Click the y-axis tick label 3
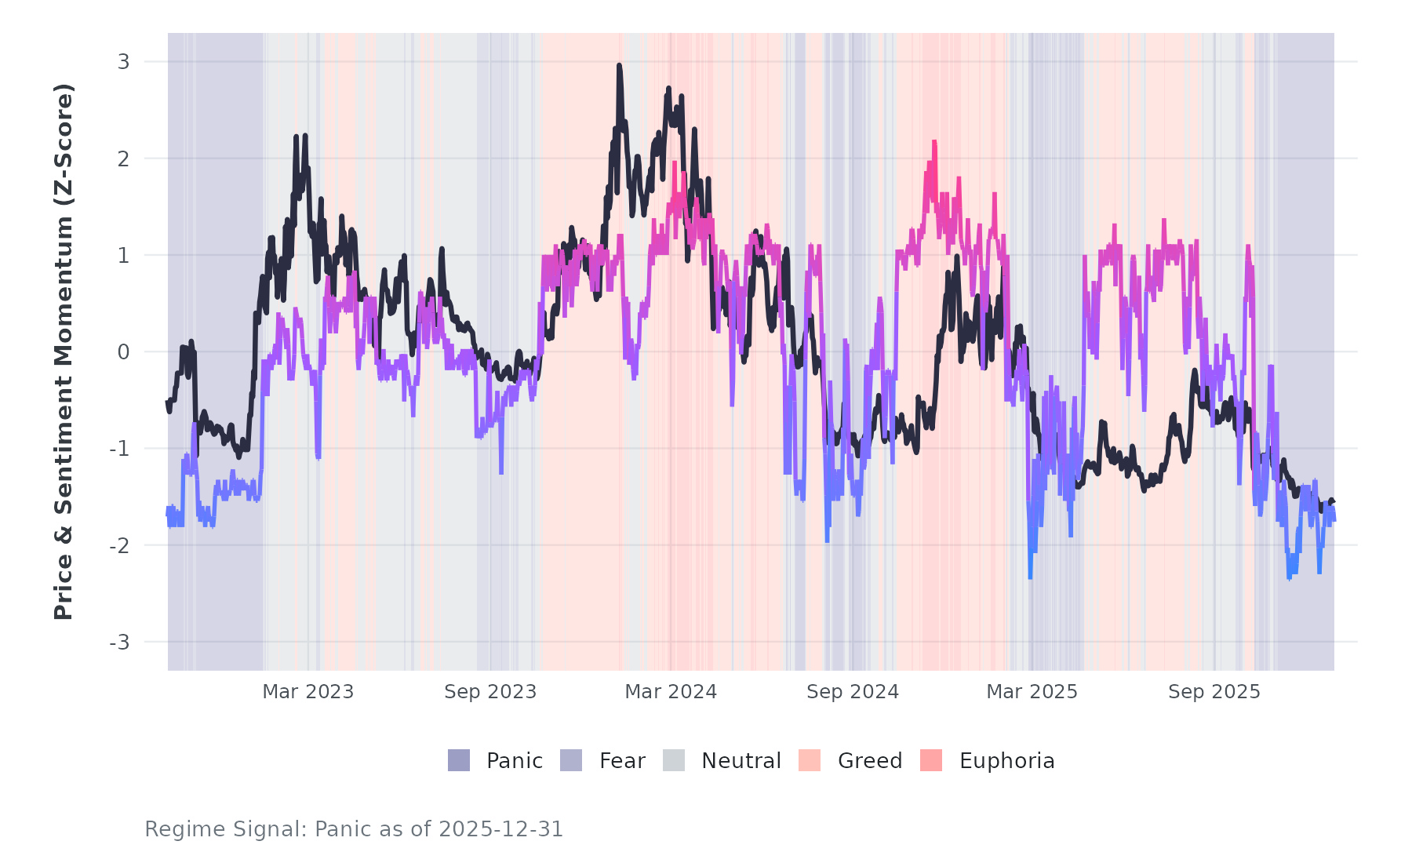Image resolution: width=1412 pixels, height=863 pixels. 123,62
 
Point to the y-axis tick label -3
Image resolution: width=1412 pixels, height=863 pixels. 119,643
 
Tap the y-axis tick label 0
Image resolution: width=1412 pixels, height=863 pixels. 123,352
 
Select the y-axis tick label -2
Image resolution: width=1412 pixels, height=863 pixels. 119,546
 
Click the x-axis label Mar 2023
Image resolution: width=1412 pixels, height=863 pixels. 308,692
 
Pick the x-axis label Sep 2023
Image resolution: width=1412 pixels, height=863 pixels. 490,692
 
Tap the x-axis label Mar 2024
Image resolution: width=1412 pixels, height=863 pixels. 671,692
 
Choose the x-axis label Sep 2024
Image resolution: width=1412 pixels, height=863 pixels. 853,692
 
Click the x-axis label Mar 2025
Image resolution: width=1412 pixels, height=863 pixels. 1032,692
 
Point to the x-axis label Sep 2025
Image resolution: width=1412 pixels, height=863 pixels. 1214,692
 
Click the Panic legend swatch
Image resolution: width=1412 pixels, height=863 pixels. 459,760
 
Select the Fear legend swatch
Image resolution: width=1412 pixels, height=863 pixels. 571,760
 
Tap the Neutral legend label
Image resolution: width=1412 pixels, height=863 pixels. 741,761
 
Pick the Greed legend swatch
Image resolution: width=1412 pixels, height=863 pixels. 810,760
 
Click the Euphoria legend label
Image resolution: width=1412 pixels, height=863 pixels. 1006,761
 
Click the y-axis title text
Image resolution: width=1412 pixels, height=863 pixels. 64,351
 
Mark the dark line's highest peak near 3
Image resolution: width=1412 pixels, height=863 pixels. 619,66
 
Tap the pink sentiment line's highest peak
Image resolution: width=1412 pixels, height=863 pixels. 934,142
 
